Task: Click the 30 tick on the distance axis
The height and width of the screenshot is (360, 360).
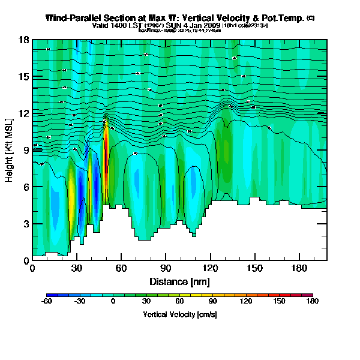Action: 77,269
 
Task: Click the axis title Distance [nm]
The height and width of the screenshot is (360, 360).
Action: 179,281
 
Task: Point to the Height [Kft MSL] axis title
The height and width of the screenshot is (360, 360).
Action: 10,150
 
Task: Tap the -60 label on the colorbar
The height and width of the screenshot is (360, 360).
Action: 46,302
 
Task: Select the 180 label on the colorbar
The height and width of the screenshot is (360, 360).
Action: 313,302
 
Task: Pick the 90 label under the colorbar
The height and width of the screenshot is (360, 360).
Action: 224,302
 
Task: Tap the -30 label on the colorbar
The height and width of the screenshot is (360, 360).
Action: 79,302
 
